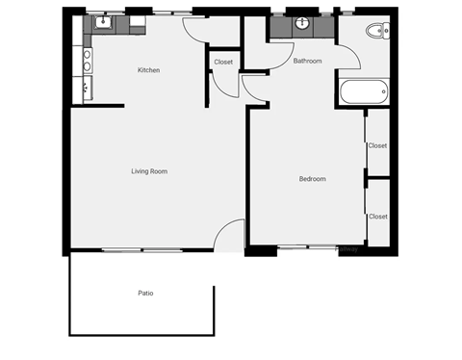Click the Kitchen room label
[x=148, y=70]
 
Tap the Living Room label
[x=149, y=171]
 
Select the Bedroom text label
[x=312, y=179]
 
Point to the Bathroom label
[x=307, y=61]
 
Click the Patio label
[x=145, y=293]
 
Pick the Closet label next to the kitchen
[x=223, y=62]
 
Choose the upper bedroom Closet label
[x=377, y=145]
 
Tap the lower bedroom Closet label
[x=377, y=217]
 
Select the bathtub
[x=363, y=94]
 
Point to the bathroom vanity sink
[x=302, y=23]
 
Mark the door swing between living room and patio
[x=229, y=236]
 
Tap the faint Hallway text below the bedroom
[x=347, y=249]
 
